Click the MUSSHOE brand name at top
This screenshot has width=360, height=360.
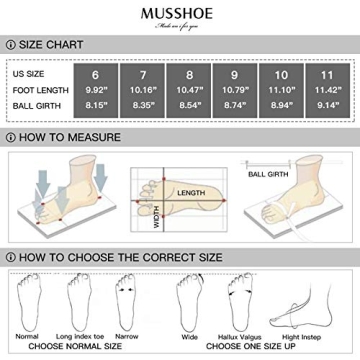(180, 12)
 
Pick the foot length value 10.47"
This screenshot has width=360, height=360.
(207, 89)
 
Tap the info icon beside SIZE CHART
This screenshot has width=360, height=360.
(9, 45)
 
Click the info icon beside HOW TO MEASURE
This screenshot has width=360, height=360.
(9, 136)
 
